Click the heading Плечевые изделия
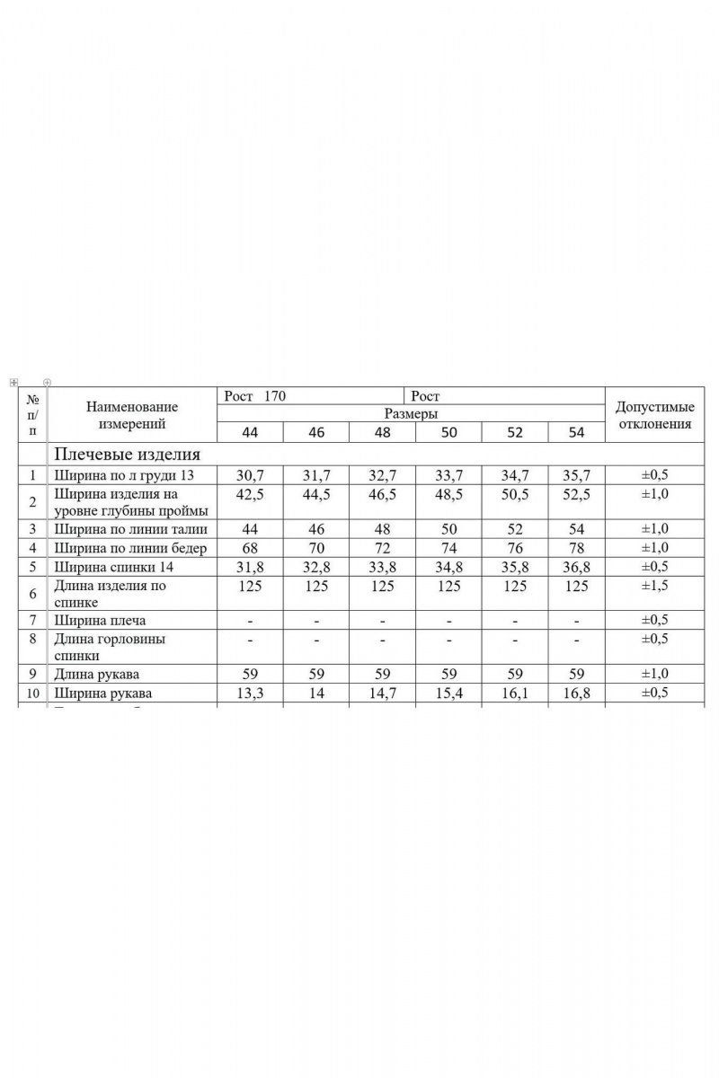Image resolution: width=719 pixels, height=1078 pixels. [127, 454]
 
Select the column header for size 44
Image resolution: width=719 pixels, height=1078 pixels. [250, 432]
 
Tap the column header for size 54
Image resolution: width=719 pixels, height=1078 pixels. [576, 432]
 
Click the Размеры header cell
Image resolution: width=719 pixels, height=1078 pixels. [411, 413]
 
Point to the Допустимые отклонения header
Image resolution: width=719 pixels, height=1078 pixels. [654, 416]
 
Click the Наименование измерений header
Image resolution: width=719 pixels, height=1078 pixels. [132, 414]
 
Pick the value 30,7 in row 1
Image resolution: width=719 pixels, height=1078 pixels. [250, 474]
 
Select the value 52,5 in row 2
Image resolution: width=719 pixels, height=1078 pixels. [576, 494]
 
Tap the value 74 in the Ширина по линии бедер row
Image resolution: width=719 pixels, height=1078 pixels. [448, 547]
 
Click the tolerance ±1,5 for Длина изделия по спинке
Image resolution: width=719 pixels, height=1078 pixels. [654, 586]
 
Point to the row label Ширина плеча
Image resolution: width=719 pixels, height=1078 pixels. [100, 621]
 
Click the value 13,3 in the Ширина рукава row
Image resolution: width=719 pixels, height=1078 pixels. [250, 694]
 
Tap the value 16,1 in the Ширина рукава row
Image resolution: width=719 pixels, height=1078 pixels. [514, 694]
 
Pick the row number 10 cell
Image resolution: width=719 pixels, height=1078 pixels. [32, 694]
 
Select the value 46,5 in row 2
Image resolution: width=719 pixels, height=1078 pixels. [383, 494]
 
